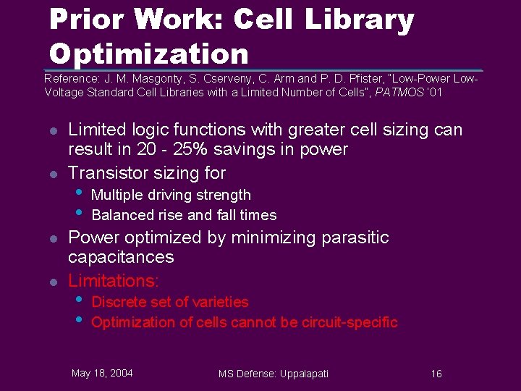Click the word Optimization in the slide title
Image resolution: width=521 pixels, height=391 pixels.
pos(148,54)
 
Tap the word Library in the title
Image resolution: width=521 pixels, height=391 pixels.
pos(359,20)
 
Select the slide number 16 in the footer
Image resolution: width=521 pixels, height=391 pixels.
pos(436,374)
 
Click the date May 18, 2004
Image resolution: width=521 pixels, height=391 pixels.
pos(102,373)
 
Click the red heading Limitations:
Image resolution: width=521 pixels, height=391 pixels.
pos(113,280)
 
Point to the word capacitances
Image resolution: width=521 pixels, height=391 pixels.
pos(121,257)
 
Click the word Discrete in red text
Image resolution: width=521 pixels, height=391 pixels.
pos(118,302)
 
